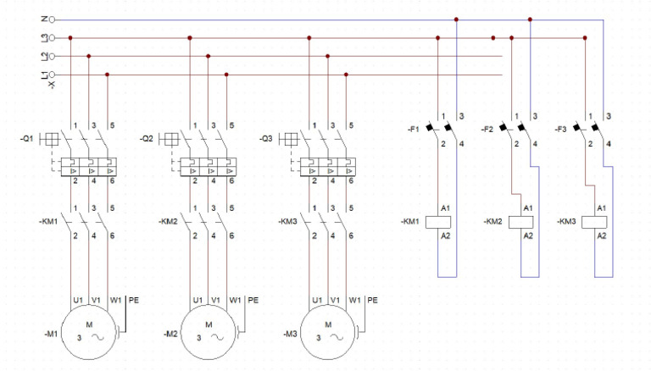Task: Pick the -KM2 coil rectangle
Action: click(519, 222)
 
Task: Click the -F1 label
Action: click(413, 130)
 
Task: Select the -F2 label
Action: click(487, 130)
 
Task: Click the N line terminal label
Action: click(44, 19)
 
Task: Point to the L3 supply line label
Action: click(44, 38)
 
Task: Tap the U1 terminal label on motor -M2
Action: click(197, 300)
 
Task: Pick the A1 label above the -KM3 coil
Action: click(602, 208)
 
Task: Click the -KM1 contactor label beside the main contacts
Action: click(48, 222)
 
